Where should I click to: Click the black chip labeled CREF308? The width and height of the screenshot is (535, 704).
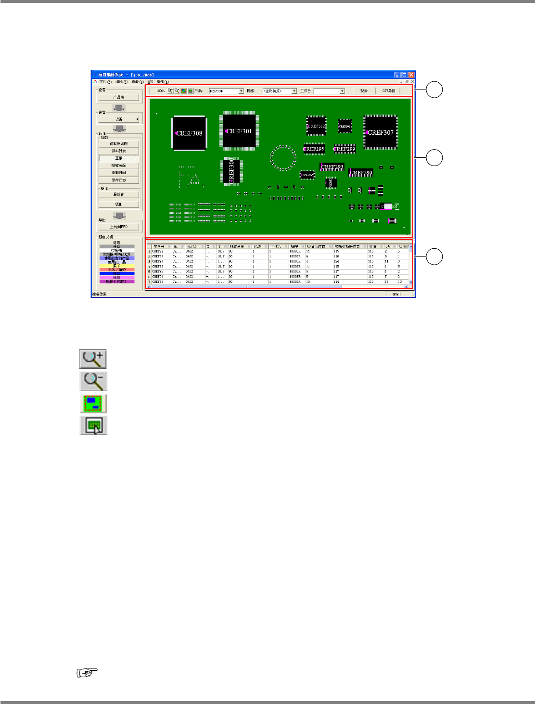click(x=189, y=133)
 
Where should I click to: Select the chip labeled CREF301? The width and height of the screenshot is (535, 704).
click(x=239, y=131)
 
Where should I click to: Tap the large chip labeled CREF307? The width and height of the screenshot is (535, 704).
click(x=381, y=132)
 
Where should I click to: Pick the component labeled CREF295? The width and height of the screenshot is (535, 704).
click(x=315, y=149)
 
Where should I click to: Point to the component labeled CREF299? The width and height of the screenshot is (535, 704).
click(x=345, y=149)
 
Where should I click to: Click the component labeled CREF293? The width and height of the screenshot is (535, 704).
click(x=332, y=167)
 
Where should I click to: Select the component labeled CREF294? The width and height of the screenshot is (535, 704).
click(x=361, y=172)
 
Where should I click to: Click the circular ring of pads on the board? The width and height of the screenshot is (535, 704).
click(x=283, y=157)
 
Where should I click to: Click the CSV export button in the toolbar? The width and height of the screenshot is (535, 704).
click(x=389, y=90)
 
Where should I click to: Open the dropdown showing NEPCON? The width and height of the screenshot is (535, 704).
click(x=226, y=91)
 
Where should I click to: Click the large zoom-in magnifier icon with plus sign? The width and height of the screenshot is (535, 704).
click(x=93, y=359)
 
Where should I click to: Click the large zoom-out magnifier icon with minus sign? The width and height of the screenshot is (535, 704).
click(x=93, y=381)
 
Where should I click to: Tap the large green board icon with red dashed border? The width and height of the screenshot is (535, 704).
click(x=93, y=403)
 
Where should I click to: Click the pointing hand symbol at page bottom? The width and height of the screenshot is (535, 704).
click(x=87, y=673)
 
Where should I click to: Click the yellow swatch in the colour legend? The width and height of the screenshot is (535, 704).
click(x=117, y=266)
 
